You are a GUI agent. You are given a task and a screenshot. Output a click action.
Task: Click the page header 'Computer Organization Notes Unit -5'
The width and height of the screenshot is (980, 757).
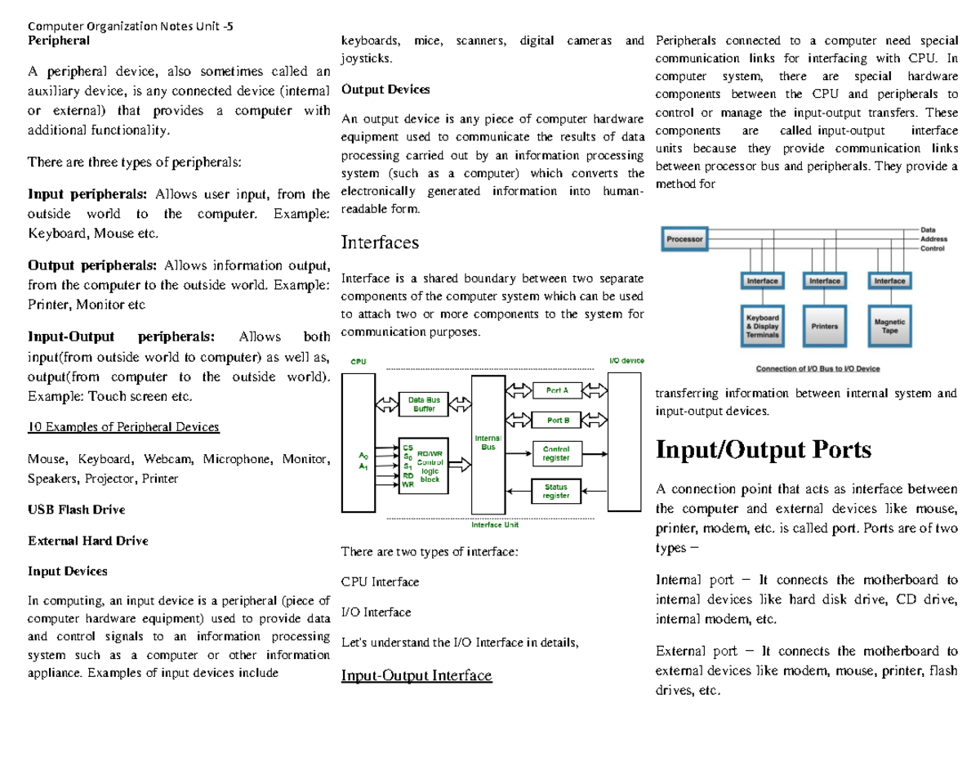click(x=130, y=25)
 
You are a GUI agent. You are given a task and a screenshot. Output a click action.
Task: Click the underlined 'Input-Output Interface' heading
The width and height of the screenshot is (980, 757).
click(x=416, y=675)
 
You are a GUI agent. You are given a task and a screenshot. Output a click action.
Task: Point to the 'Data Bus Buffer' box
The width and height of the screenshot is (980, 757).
click(x=424, y=403)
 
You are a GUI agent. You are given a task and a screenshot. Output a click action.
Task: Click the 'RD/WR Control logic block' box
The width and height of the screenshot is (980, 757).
click(x=427, y=465)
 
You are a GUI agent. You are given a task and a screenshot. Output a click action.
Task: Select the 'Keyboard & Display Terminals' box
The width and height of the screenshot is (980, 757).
click(x=763, y=324)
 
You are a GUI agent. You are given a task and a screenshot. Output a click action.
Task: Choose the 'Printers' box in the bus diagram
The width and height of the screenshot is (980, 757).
click(x=824, y=324)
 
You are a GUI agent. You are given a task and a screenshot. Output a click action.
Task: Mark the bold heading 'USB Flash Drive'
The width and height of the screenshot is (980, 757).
click(x=77, y=510)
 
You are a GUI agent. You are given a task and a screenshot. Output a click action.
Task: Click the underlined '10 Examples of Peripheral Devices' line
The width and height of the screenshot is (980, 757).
click(x=123, y=427)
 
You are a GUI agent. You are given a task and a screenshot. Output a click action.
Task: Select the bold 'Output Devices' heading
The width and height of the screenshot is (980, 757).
click(x=385, y=90)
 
